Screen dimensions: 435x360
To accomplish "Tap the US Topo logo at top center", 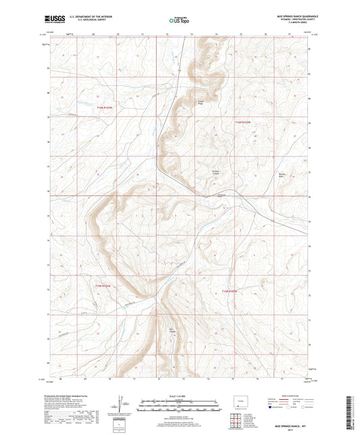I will pos(178,21).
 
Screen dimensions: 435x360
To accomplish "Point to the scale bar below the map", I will pos(180,407).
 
